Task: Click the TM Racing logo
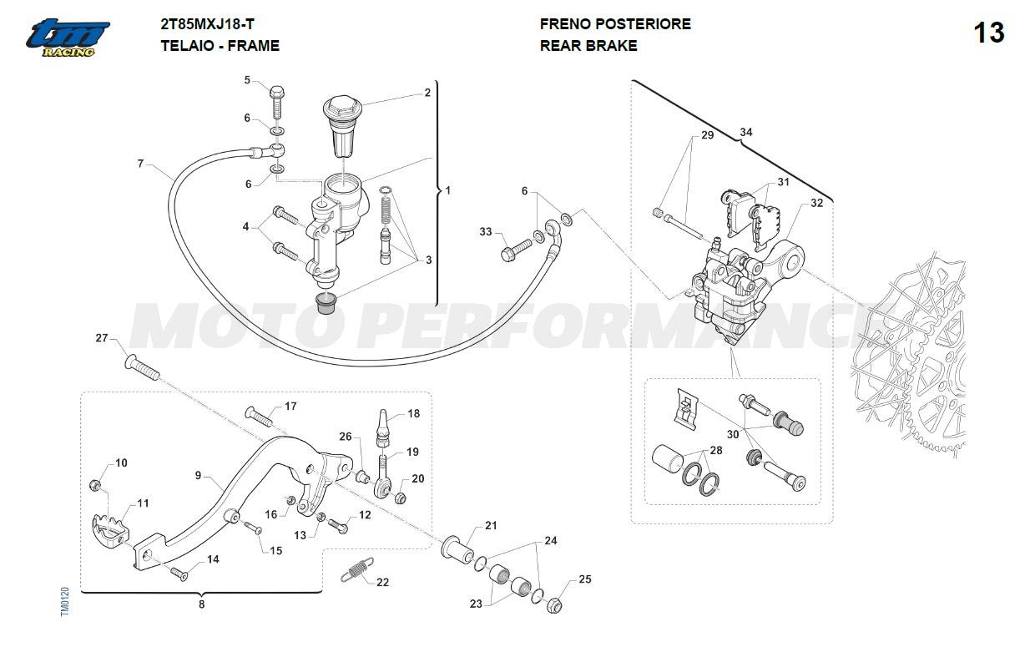tap(67, 38)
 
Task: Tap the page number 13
tap(988, 33)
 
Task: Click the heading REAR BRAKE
tap(588, 46)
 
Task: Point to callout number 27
tap(102, 338)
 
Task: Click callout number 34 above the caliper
tap(745, 133)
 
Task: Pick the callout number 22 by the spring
tap(382, 582)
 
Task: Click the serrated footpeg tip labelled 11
tap(108, 526)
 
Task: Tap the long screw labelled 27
tap(144, 367)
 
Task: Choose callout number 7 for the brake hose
tap(140, 164)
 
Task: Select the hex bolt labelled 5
tap(277, 102)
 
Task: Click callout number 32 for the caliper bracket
tap(816, 203)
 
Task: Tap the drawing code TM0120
tap(65, 602)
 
